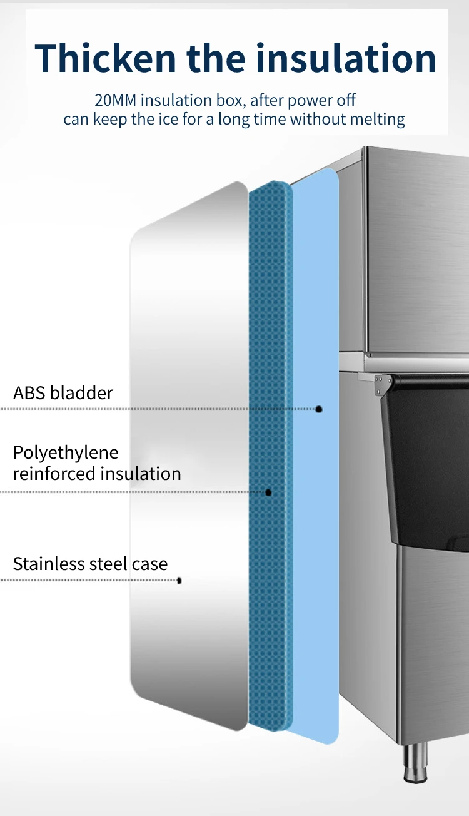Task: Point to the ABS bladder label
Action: pos(63,393)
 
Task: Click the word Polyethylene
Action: pos(66,452)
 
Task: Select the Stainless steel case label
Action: pos(90,564)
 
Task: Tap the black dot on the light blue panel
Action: pos(319,409)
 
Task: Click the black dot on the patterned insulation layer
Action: pos(268,492)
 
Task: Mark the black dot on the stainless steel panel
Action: pos(179,581)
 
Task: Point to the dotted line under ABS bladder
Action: pos(156,409)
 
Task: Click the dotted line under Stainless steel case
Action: pos(88,581)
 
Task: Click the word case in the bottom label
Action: pos(149,564)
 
